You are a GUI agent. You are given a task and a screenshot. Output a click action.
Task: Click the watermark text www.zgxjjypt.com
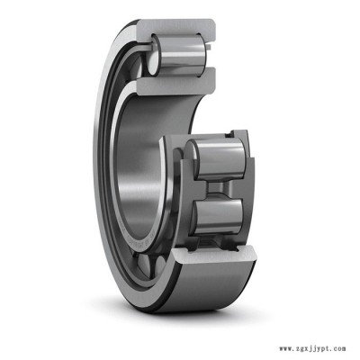click(312, 349)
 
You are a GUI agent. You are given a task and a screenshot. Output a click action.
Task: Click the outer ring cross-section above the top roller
click(177, 29)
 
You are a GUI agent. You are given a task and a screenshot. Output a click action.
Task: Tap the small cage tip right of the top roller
click(210, 47)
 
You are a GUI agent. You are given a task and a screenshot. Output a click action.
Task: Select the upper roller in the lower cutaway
click(219, 159)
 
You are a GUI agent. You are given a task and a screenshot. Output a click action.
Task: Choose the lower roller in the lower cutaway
click(217, 215)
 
